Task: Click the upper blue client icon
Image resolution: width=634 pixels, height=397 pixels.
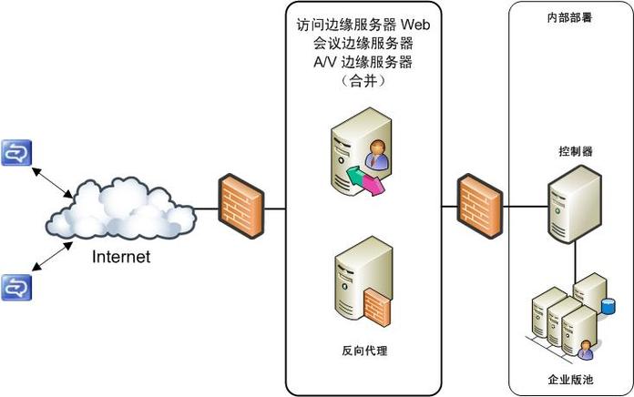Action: pyautogui.click(x=16, y=153)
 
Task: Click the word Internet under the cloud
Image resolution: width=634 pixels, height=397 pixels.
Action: pyautogui.click(x=121, y=257)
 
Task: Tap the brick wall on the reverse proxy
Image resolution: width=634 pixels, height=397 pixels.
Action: pyautogui.click(x=376, y=306)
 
